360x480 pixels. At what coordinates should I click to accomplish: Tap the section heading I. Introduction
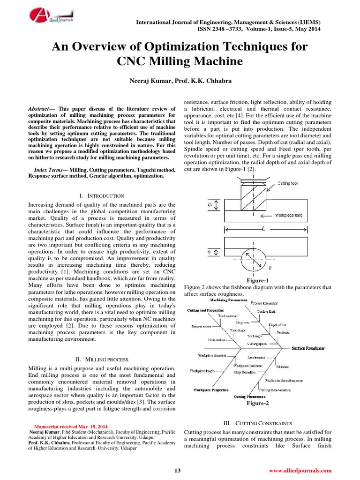[x=102, y=195]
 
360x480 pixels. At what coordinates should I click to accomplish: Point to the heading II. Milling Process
[x=102, y=359]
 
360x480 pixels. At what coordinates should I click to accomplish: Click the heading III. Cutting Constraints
[x=258, y=423]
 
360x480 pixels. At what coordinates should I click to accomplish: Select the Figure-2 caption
[x=257, y=403]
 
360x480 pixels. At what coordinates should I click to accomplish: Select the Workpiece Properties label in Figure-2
[x=211, y=390]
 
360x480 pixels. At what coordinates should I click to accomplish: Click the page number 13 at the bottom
[x=177, y=470]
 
